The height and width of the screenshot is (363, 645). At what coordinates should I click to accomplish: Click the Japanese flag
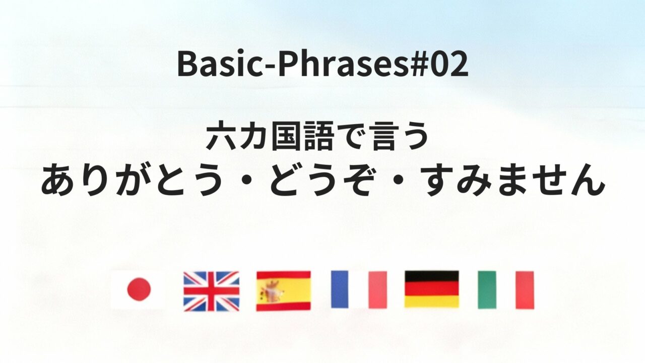click(x=138, y=290)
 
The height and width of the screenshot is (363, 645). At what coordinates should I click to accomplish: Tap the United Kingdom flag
click(x=211, y=291)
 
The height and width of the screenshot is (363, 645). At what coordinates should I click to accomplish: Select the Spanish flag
click(x=283, y=291)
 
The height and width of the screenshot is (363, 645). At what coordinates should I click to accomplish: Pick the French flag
click(x=358, y=289)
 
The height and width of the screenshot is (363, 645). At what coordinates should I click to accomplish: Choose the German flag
click(x=432, y=289)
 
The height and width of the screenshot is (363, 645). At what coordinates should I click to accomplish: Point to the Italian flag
click(x=505, y=290)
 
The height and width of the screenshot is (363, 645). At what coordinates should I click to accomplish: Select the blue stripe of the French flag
click(x=340, y=289)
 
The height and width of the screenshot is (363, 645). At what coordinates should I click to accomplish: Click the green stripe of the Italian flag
click(x=487, y=290)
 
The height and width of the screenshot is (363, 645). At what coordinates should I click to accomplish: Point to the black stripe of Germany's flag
click(x=432, y=276)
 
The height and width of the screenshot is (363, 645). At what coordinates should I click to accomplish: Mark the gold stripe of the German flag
click(x=432, y=302)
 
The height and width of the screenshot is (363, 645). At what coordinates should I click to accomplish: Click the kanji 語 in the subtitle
click(x=317, y=138)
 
